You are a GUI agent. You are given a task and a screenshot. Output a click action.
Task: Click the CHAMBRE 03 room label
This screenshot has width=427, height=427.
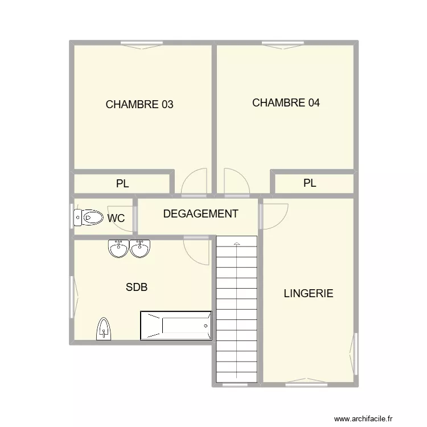[x=139, y=105]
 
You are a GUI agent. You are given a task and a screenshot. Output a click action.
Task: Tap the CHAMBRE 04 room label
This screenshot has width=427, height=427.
[x=286, y=103]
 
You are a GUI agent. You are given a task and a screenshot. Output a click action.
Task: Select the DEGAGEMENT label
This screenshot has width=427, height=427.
[x=200, y=214]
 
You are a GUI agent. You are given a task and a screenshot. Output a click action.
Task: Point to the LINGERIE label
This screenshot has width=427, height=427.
[x=308, y=294]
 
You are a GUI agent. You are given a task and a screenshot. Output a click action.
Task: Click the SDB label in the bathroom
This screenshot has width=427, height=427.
[x=137, y=288]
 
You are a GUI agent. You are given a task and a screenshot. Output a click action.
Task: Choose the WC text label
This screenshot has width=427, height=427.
[x=116, y=218]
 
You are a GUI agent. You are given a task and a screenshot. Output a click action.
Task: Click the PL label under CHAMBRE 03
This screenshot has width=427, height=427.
[x=122, y=184]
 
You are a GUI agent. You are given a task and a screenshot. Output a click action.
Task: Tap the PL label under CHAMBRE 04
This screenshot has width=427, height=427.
[x=309, y=183]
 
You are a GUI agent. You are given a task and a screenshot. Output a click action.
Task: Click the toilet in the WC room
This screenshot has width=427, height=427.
[x=87, y=217]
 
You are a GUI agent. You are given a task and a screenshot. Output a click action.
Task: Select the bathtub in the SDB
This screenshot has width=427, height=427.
[x=176, y=325]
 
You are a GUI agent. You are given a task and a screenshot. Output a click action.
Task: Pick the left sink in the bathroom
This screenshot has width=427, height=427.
[x=118, y=248]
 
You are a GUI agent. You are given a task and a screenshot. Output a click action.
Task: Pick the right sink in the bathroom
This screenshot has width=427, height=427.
[x=140, y=248]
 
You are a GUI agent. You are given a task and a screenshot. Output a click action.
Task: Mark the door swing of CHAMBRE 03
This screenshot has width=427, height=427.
[x=194, y=183]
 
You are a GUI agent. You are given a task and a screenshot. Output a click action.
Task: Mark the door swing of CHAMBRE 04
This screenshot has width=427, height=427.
[x=235, y=183]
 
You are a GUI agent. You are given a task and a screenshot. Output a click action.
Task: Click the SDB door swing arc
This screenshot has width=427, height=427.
[x=197, y=250]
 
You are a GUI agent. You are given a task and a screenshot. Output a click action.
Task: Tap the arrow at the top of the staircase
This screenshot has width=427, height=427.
[x=237, y=244]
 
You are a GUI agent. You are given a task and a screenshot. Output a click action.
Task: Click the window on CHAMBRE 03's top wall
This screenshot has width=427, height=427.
[x=142, y=43]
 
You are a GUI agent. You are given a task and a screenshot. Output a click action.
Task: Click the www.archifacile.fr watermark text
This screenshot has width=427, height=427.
[x=367, y=419]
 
